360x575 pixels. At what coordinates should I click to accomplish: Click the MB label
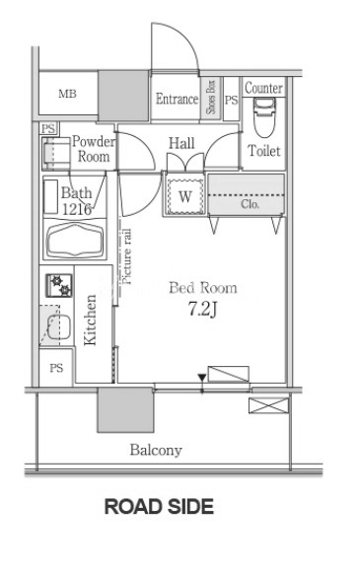67,94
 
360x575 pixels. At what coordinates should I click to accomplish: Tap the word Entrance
178,99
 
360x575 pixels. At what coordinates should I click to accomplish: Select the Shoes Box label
211,98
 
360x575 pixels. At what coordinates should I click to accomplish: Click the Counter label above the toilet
263,88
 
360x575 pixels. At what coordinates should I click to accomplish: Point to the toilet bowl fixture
265,117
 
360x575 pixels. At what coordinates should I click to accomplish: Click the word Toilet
264,150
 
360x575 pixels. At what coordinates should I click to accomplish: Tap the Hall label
181,143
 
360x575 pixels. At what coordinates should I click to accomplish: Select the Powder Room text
94,149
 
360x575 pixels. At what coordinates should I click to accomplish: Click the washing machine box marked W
185,196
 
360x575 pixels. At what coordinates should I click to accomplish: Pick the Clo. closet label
250,204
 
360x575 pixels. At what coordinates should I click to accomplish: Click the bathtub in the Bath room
75,240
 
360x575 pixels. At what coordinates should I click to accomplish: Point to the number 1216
77,209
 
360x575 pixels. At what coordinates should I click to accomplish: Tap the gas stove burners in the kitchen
59,285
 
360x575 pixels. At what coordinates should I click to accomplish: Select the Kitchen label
90,321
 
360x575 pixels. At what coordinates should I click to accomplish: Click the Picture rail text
125,256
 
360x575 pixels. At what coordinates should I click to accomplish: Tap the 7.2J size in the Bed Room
203,309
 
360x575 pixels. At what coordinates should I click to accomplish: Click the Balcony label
156,450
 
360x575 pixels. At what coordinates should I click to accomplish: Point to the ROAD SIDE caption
159,506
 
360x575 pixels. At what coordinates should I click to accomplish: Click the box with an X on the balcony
268,405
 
